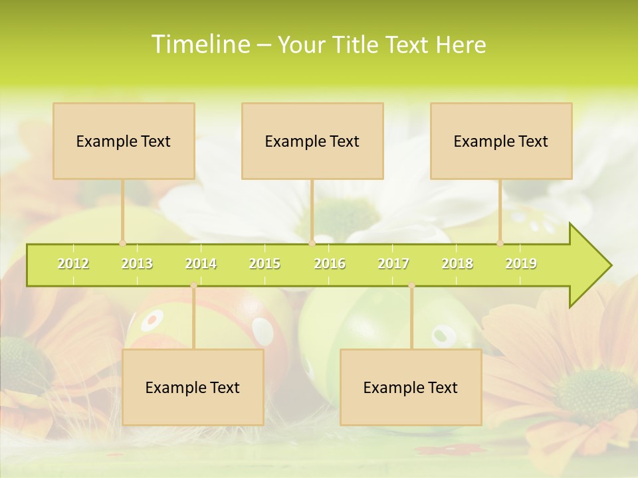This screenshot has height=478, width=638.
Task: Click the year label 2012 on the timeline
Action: click(73, 264)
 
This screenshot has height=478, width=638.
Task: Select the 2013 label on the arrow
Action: click(137, 264)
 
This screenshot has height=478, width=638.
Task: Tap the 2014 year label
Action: click(201, 264)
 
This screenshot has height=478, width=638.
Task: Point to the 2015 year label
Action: click(265, 264)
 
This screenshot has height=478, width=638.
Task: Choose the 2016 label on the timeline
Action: click(330, 264)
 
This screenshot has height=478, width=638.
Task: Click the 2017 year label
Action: click(393, 264)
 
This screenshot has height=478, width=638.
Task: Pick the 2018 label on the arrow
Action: click(457, 264)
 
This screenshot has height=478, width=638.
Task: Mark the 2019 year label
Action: click(521, 264)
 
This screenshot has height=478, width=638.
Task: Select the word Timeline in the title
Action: click(199, 44)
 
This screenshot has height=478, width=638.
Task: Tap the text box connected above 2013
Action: click(124, 141)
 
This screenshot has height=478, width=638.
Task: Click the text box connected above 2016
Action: click(312, 141)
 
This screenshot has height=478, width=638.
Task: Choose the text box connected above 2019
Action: click(501, 141)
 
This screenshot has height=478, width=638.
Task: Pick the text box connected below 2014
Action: click(193, 387)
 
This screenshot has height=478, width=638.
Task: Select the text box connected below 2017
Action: click(411, 387)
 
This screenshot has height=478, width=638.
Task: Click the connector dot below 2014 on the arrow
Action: click(193, 285)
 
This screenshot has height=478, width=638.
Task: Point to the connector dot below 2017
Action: click(411, 285)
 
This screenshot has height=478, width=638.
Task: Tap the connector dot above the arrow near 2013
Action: click(122, 243)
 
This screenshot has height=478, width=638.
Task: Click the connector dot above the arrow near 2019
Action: click(500, 243)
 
